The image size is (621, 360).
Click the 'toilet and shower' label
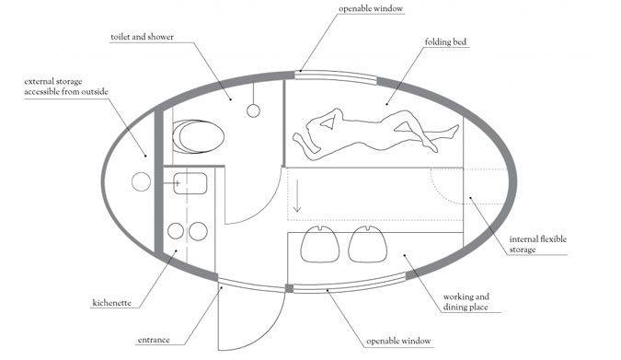[143, 37]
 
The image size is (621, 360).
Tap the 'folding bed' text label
[445, 41]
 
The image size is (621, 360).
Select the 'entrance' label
[154, 340]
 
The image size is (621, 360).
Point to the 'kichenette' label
[111, 303]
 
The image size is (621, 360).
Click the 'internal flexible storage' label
[538, 244]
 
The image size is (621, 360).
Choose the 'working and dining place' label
[466, 301]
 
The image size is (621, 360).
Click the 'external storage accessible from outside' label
[66, 87]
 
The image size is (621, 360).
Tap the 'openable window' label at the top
[371, 8]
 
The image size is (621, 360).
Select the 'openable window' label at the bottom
[398, 341]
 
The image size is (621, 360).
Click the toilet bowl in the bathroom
[199, 136]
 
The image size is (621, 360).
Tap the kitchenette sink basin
[190, 183]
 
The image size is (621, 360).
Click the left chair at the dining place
[320, 244]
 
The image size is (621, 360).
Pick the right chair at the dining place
[367, 244]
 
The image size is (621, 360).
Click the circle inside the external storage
[141, 182]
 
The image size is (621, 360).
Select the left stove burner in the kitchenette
[176, 231]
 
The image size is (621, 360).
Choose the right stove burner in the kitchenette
[198, 231]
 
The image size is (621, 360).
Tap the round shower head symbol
[254, 110]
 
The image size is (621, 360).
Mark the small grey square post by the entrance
[290, 288]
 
